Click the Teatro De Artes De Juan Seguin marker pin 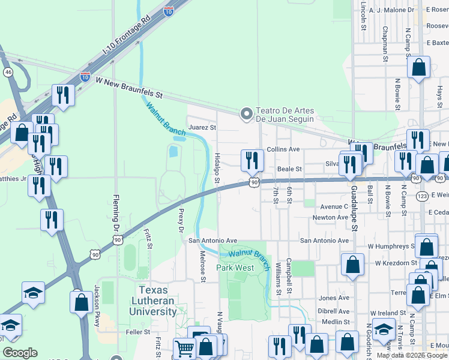246,113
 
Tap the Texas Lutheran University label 153,301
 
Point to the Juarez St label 202,127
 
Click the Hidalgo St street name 217,169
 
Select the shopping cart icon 184,347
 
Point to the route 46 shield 8,72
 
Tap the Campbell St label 289,271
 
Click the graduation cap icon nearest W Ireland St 384,328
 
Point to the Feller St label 137,332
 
